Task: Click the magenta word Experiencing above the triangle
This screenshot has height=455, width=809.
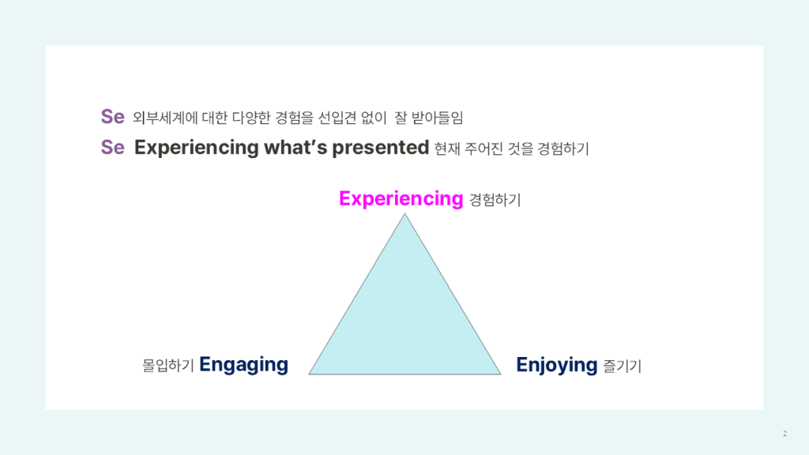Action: pos(401,199)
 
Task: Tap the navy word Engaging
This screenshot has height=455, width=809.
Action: pos(243,365)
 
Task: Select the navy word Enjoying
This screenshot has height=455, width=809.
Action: pos(556,365)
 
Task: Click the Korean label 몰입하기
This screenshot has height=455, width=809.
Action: pos(168,367)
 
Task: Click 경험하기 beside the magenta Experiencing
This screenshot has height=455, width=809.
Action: pos(495,201)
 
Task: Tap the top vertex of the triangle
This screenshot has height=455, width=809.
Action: pos(405,214)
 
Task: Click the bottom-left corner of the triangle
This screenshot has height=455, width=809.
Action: pos(310,374)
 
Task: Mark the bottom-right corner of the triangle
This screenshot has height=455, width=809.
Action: pos(501,374)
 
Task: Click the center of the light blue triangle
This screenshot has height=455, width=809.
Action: pos(405,320)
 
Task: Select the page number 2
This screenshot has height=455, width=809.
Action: pos(785,434)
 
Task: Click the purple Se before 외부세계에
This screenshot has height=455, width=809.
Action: pos(113,117)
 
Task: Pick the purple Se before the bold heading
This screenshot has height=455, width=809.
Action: pos(113,148)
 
